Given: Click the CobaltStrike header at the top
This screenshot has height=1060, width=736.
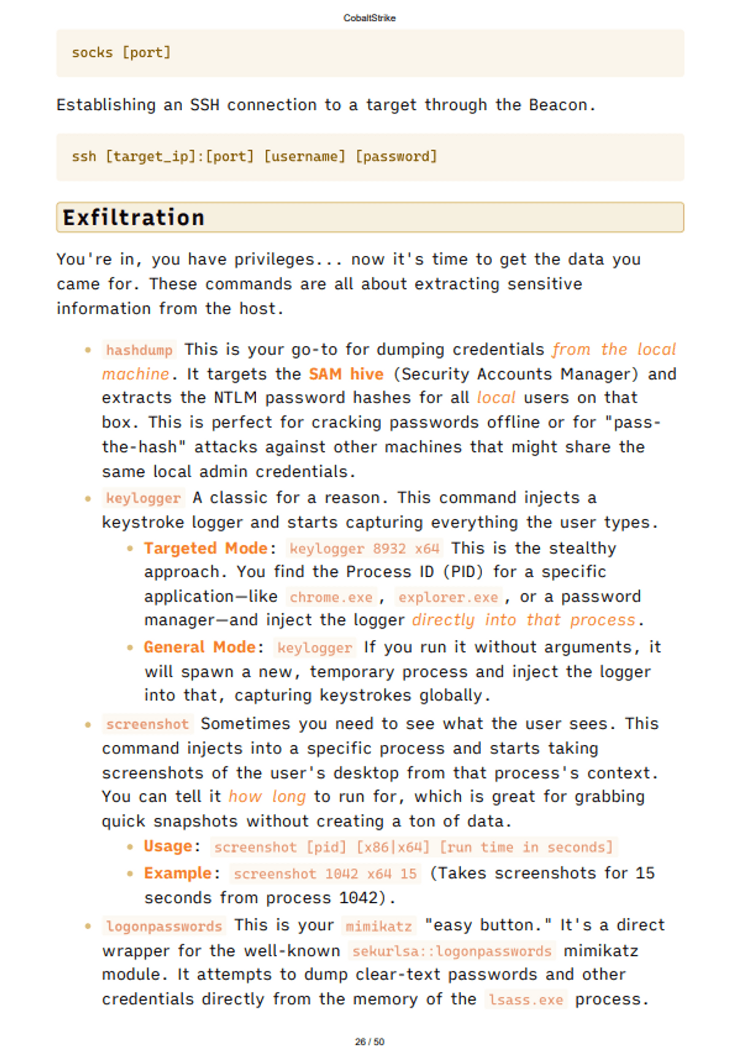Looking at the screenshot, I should click(369, 18).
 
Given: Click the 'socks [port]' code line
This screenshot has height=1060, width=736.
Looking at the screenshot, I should click(121, 53).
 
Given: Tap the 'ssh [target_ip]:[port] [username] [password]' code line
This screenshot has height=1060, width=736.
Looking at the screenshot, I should click(254, 156).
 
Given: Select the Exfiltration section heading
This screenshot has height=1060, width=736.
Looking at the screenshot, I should click(134, 218).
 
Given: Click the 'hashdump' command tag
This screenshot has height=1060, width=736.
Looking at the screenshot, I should click(139, 350).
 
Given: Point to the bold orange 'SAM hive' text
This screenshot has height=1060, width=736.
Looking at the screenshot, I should click(346, 374).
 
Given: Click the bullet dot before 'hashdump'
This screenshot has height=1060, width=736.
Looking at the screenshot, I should click(88, 350).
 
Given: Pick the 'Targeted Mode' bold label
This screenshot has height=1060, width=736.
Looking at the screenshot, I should click(205, 548).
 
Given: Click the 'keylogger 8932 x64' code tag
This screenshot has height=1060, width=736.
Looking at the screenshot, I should click(364, 548).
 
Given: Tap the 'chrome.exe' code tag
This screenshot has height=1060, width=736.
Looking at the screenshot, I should click(331, 597).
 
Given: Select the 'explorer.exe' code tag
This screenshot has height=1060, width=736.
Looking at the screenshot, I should click(448, 597).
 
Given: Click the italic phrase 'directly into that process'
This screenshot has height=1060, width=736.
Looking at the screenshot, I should click(524, 620).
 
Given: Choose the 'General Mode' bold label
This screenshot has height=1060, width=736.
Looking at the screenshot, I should click(199, 647).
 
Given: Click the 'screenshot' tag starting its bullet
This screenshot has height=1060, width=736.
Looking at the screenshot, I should click(147, 724).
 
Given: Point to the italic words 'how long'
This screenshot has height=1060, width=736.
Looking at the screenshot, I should click(267, 797).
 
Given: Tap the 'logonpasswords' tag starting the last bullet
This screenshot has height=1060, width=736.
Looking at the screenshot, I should click(164, 926).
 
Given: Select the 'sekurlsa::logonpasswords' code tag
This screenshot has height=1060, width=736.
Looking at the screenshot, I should click(452, 951).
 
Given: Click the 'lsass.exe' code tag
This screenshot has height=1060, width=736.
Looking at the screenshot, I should click(526, 999).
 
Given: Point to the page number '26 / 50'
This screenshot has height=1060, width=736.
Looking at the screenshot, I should click(369, 1042).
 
